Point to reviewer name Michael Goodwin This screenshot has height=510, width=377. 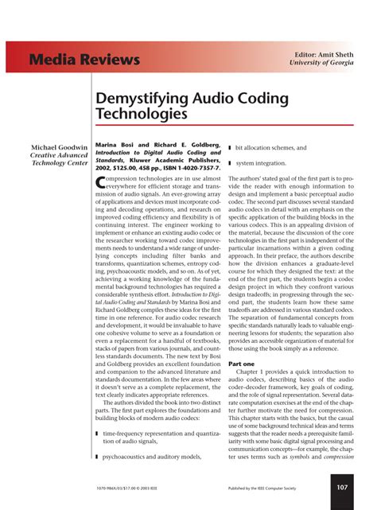[x=60, y=148]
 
